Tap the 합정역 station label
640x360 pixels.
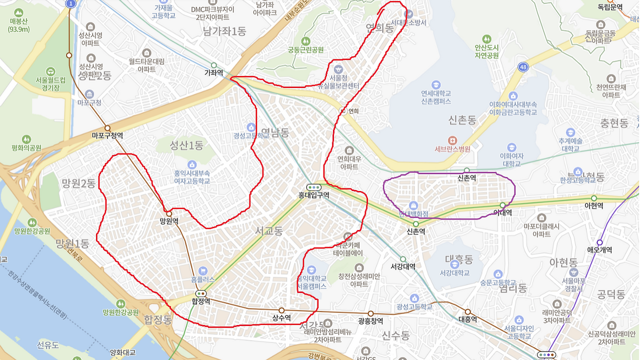(200, 301)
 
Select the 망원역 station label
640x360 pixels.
(169, 221)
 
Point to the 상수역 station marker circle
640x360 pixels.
(281, 310)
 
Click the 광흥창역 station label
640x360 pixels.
(370, 321)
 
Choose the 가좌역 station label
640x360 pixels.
(213, 72)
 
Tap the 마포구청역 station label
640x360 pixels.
(107, 135)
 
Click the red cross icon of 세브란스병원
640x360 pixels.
(452, 140)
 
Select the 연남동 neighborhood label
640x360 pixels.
(275, 132)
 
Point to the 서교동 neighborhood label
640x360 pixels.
(269, 231)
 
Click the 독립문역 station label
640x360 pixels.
(610, 7)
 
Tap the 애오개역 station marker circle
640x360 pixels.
(600, 242)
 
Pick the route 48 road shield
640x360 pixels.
(523, 66)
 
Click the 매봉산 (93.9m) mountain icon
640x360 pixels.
(19, 12)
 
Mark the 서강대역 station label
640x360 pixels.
(403, 266)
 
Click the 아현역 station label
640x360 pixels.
(594, 206)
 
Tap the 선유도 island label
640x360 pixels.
(48, 345)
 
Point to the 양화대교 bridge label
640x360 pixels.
(122, 352)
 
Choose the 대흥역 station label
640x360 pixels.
(467, 319)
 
